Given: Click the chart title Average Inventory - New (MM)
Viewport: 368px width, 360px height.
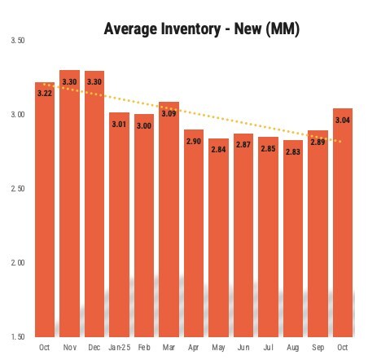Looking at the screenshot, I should pyautogui.click(x=202, y=31).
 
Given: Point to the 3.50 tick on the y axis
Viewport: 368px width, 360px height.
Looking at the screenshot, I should pyautogui.click(x=16, y=41).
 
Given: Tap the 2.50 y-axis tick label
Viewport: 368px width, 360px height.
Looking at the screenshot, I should pyautogui.click(x=16, y=189).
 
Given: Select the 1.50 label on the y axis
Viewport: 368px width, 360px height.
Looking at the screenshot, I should pyautogui.click(x=16, y=336).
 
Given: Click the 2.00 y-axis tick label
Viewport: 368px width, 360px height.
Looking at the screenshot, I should pyautogui.click(x=16, y=263).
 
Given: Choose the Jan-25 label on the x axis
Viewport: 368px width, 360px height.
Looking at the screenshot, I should pyautogui.click(x=119, y=348).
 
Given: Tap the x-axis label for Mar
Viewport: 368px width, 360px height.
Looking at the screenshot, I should pyautogui.click(x=169, y=348).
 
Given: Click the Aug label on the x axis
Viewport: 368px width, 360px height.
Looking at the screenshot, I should pyautogui.click(x=292, y=348).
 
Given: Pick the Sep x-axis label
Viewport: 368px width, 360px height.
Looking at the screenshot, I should pyautogui.click(x=318, y=348).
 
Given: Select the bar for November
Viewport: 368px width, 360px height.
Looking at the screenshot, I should pyautogui.click(x=70, y=212).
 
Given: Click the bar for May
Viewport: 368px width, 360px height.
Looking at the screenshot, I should pyautogui.click(x=218, y=244).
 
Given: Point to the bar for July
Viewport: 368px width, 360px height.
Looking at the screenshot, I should pyautogui.click(x=268, y=244).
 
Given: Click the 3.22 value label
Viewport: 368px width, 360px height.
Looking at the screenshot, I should pyautogui.click(x=45, y=93).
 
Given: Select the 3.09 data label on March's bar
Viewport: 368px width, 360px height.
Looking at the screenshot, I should pyautogui.click(x=169, y=112).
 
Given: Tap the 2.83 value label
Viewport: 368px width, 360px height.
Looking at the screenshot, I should pyautogui.click(x=292, y=151).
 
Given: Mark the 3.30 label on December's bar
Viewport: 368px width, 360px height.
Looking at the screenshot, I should pyautogui.click(x=94, y=81).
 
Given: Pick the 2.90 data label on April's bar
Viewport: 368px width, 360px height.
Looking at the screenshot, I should pyautogui.click(x=194, y=141).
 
